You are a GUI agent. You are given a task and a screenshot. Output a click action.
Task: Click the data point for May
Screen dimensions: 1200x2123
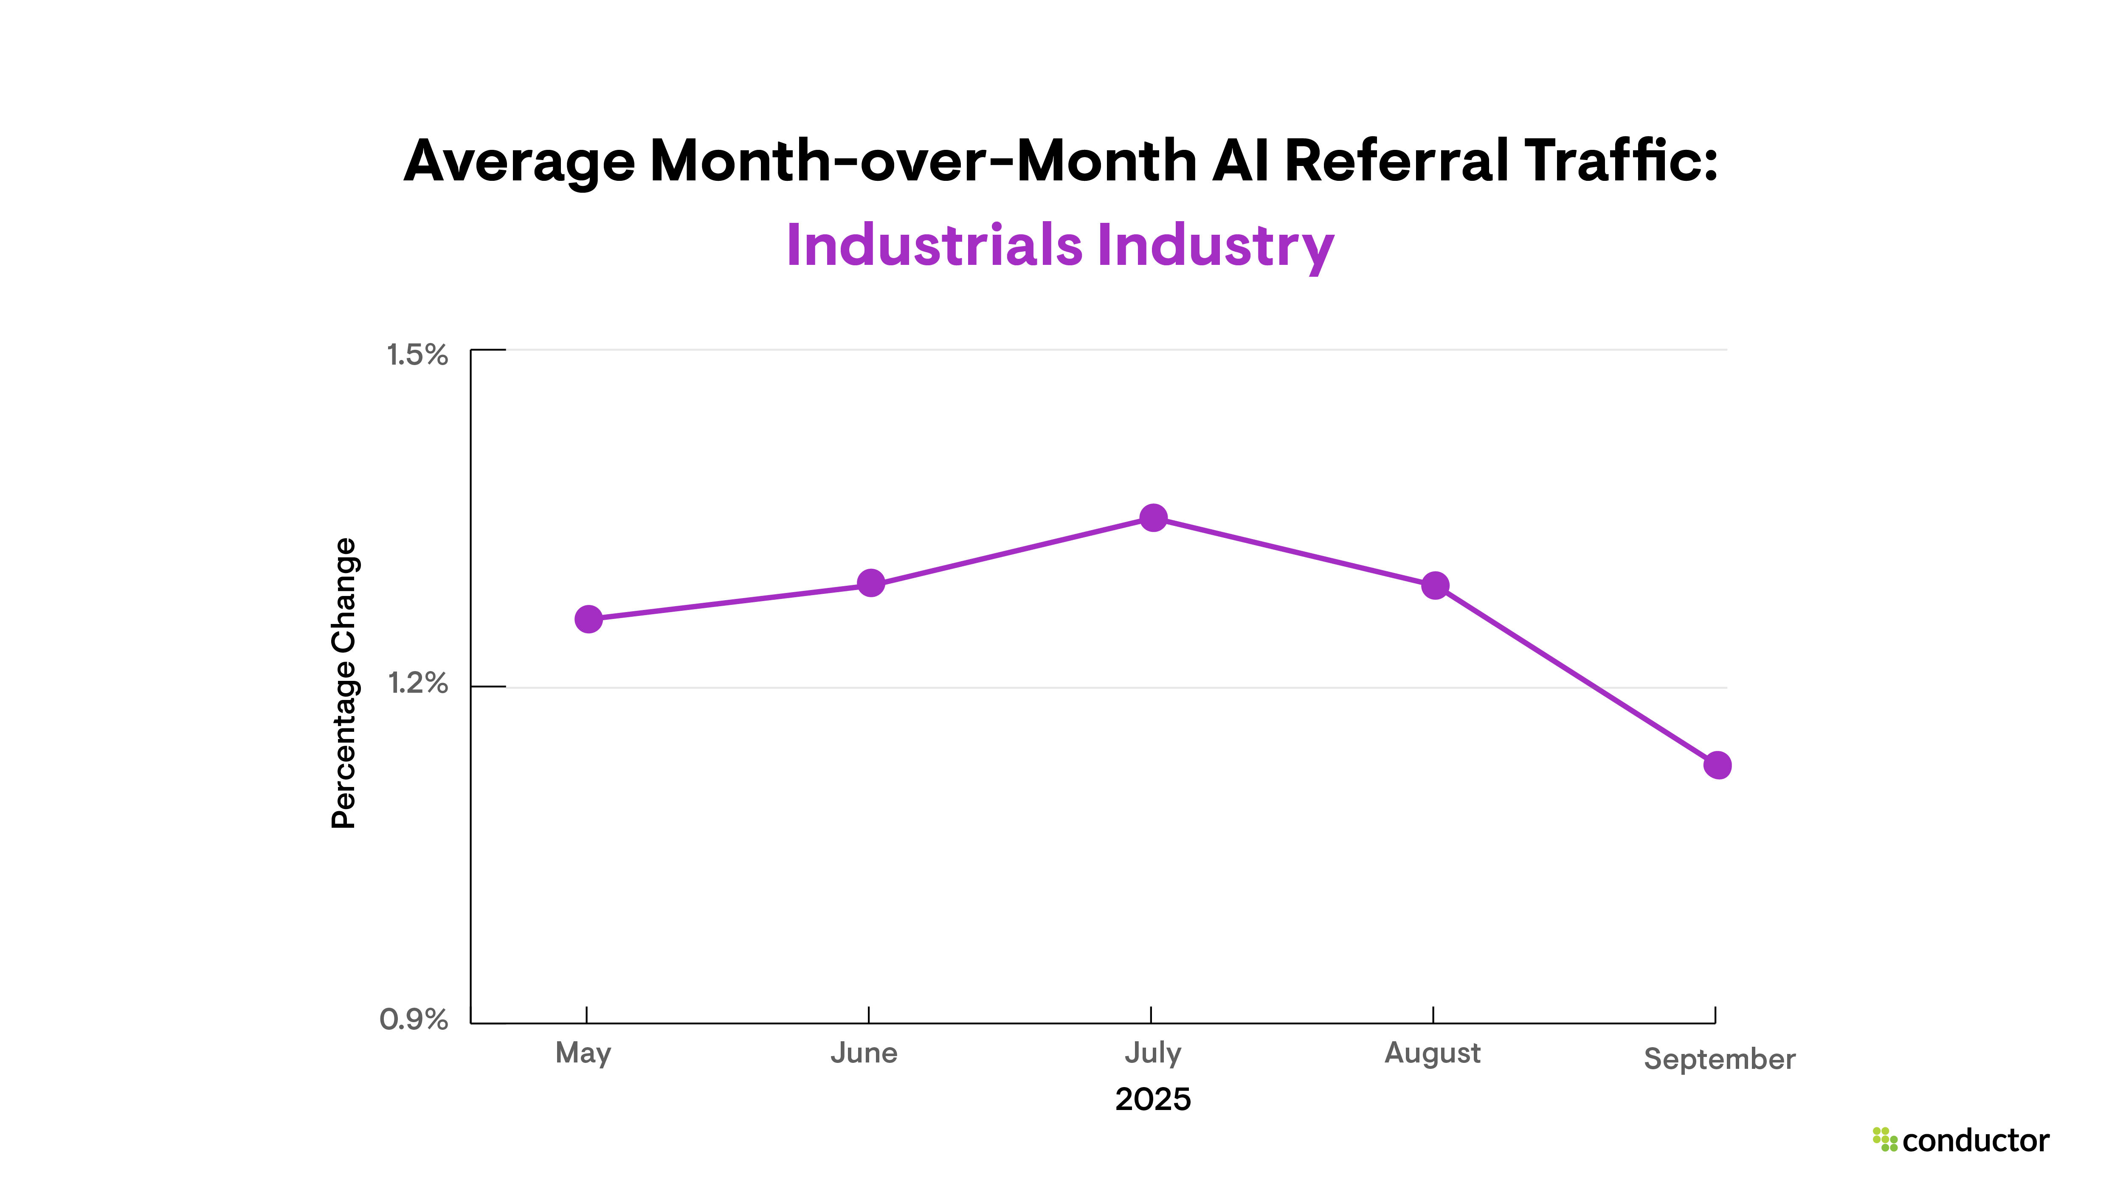coord(588,619)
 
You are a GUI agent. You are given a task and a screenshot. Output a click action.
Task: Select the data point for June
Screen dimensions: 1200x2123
coord(870,584)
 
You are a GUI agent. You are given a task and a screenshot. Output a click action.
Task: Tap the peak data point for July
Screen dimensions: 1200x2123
coord(1153,517)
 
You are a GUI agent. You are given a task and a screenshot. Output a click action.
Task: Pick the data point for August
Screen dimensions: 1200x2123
coord(1435,586)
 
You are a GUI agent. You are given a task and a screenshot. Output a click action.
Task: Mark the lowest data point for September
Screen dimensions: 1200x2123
coord(1718,765)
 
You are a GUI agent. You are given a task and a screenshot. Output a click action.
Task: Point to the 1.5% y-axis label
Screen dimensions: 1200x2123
coord(417,355)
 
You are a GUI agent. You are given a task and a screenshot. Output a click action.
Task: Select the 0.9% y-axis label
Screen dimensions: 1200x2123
coord(414,1020)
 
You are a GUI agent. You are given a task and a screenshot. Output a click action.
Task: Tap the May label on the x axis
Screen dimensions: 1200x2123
coord(583,1053)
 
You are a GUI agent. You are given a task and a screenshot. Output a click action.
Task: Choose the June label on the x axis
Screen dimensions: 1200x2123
coord(864,1053)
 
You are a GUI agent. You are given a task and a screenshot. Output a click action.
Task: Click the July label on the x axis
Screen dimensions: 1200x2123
coord(1152,1053)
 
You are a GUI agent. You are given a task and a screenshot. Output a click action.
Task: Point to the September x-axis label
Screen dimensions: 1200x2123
coord(1719,1059)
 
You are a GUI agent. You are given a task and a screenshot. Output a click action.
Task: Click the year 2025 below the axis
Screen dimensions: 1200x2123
coord(1152,1099)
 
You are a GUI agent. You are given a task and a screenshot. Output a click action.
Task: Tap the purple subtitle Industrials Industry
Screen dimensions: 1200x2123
coord(1060,246)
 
